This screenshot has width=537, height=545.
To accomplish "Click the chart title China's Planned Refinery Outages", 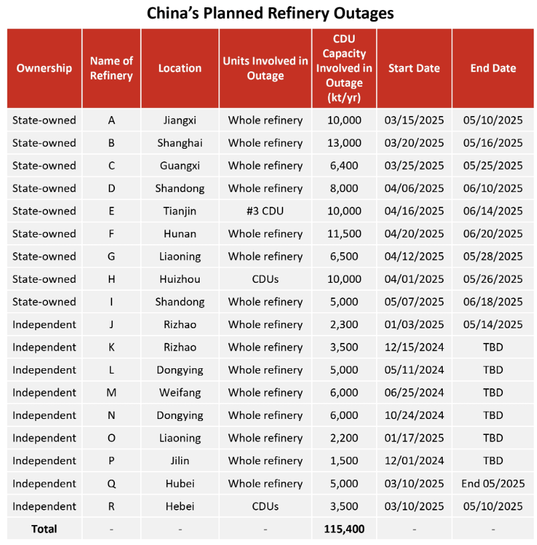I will [x=270, y=13].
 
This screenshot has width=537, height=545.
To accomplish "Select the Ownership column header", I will [x=44, y=68].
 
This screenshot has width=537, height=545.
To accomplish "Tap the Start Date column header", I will [x=414, y=68].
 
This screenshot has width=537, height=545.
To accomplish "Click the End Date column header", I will [x=493, y=68].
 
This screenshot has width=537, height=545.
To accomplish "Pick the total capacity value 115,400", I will [x=344, y=529].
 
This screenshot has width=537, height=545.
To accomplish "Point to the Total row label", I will [x=44, y=529].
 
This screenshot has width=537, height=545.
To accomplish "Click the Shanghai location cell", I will [x=180, y=143].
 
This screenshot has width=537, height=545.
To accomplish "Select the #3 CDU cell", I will [x=265, y=211].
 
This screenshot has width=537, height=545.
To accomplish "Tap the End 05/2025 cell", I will [x=493, y=484].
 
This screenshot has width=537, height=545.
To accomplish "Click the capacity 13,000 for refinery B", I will [x=344, y=143].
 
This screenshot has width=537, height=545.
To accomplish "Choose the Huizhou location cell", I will [x=180, y=279].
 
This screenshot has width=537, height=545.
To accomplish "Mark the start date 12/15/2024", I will [x=414, y=347].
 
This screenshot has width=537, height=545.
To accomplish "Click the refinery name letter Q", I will [x=111, y=484].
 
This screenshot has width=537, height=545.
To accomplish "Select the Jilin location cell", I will [x=180, y=461].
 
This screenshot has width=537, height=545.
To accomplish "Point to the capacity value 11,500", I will [x=344, y=233].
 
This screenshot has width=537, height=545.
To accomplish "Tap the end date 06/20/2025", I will [x=493, y=233].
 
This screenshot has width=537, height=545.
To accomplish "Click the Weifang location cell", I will [x=180, y=393].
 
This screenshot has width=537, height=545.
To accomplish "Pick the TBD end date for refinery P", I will [x=493, y=461].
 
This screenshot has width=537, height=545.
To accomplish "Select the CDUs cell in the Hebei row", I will [x=265, y=506].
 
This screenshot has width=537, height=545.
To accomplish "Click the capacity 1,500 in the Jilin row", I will [x=344, y=461].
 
